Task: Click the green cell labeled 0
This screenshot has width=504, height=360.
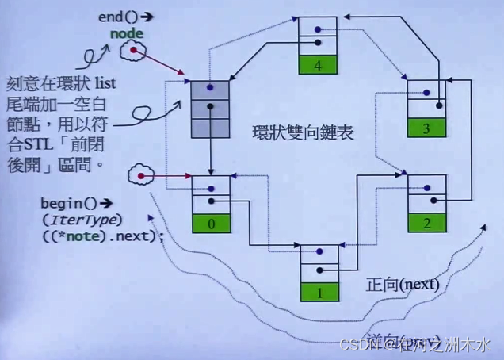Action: tap(211, 224)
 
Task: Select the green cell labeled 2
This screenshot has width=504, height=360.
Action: tap(429, 224)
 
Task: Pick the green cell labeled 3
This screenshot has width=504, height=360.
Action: tap(428, 127)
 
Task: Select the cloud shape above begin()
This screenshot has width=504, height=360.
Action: tap(141, 174)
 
